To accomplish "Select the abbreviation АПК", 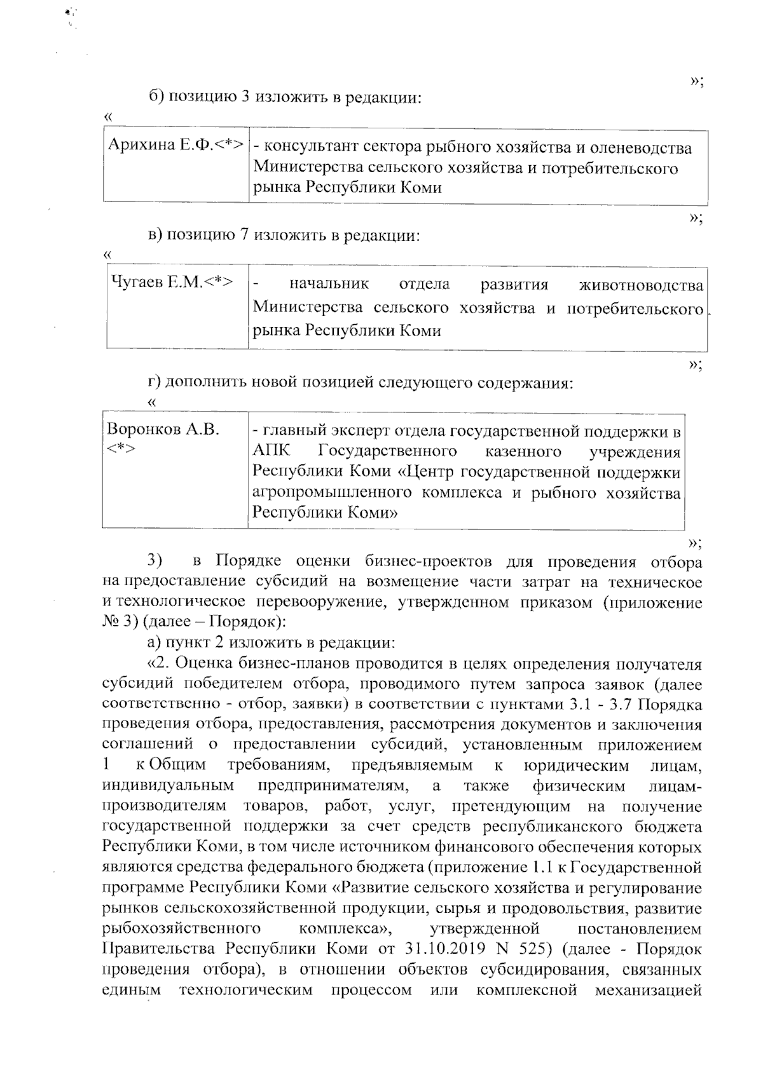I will tap(270, 452).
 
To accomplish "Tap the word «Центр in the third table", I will tap(432, 473).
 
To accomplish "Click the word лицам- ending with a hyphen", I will tap(675, 786).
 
